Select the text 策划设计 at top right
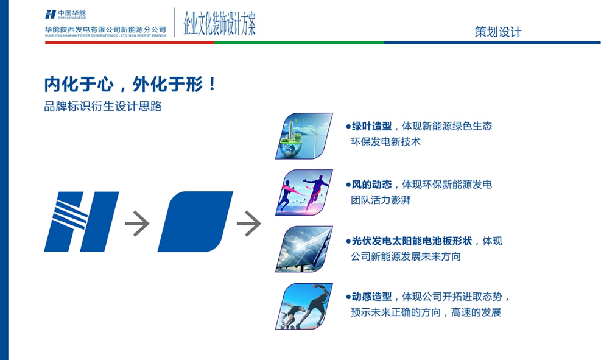[497, 32]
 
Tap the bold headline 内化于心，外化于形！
[130, 84]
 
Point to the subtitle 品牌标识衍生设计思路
[103, 106]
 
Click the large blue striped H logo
[80, 222]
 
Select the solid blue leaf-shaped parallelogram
[195, 222]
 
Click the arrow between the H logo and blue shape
[137, 223]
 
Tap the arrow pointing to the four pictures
[248, 223]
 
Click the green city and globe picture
[304, 136]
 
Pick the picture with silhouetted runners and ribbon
[304, 192]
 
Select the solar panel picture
[304, 249]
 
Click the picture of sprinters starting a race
[304, 306]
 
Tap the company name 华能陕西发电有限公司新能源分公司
[105, 29]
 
